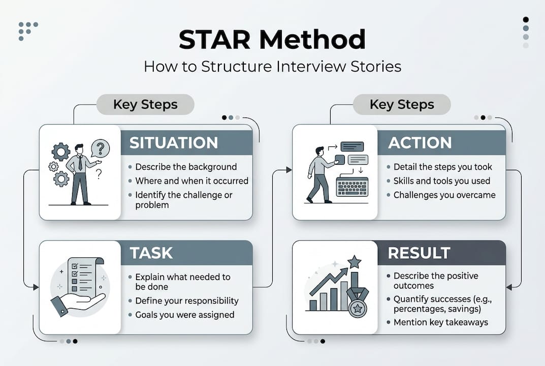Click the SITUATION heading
point(173,143)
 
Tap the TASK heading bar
point(186,253)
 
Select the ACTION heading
point(420,143)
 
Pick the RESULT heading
point(419,253)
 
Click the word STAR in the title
point(215,40)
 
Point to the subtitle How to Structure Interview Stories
point(272,67)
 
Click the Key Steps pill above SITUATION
point(145,105)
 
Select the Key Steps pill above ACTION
point(402,105)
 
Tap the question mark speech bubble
point(100,149)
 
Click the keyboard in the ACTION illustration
point(353,187)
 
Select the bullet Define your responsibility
point(186,300)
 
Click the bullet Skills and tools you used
point(441,180)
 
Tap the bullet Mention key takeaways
point(440,322)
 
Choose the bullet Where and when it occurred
point(191,180)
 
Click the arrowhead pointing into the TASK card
point(36,288)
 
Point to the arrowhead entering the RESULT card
point(509,287)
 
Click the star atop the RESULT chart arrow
point(354,262)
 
